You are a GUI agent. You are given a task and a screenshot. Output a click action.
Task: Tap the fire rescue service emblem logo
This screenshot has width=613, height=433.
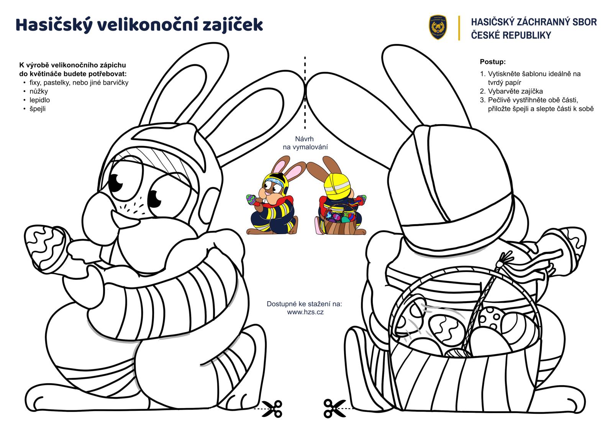pyautogui.click(x=438, y=27)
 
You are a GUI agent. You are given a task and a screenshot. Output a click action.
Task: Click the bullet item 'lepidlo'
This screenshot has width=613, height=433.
pyautogui.click(x=39, y=100)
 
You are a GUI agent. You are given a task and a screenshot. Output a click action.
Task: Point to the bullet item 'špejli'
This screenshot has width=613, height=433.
pyautogui.click(x=38, y=109)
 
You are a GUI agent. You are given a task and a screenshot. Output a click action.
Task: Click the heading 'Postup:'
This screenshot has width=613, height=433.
pyautogui.click(x=493, y=62)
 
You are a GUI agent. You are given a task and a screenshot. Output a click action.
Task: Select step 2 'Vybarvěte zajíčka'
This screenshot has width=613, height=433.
pyautogui.click(x=515, y=91)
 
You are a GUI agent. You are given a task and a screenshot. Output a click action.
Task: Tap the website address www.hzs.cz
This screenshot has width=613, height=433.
pyautogui.click(x=305, y=312)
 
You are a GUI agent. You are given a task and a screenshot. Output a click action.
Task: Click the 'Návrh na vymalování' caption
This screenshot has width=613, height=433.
pyautogui.click(x=305, y=143)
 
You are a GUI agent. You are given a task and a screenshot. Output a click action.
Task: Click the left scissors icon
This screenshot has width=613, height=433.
pyautogui.click(x=273, y=408)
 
